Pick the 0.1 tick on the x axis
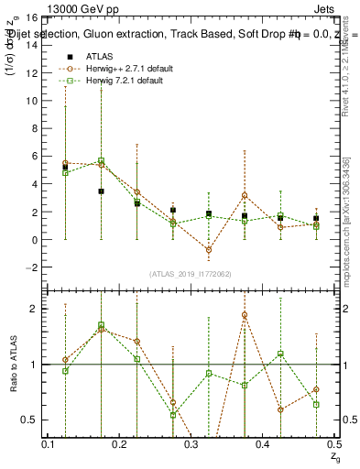[x=49, y=443]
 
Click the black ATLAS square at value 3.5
[x=102, y=191]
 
